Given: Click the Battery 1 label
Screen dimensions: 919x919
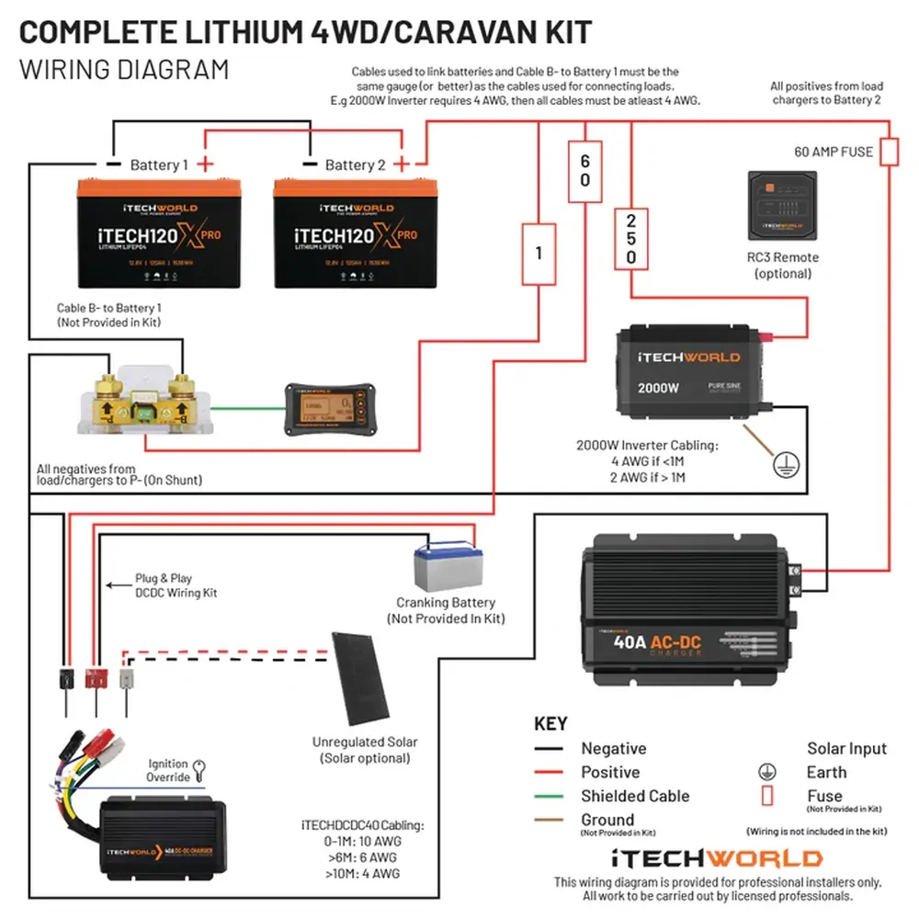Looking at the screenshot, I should [x=158, y=165].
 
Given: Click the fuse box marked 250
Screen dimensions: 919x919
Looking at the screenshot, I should [x=630, y=239].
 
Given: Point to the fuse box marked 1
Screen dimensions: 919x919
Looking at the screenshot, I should [x=539, y=252].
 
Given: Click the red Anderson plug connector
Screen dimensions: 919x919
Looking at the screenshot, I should [x=95, y=679].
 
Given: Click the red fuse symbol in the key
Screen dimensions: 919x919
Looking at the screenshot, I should [x=766, y=796].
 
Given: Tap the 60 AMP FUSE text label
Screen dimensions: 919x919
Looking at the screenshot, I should [x=834, y=152].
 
